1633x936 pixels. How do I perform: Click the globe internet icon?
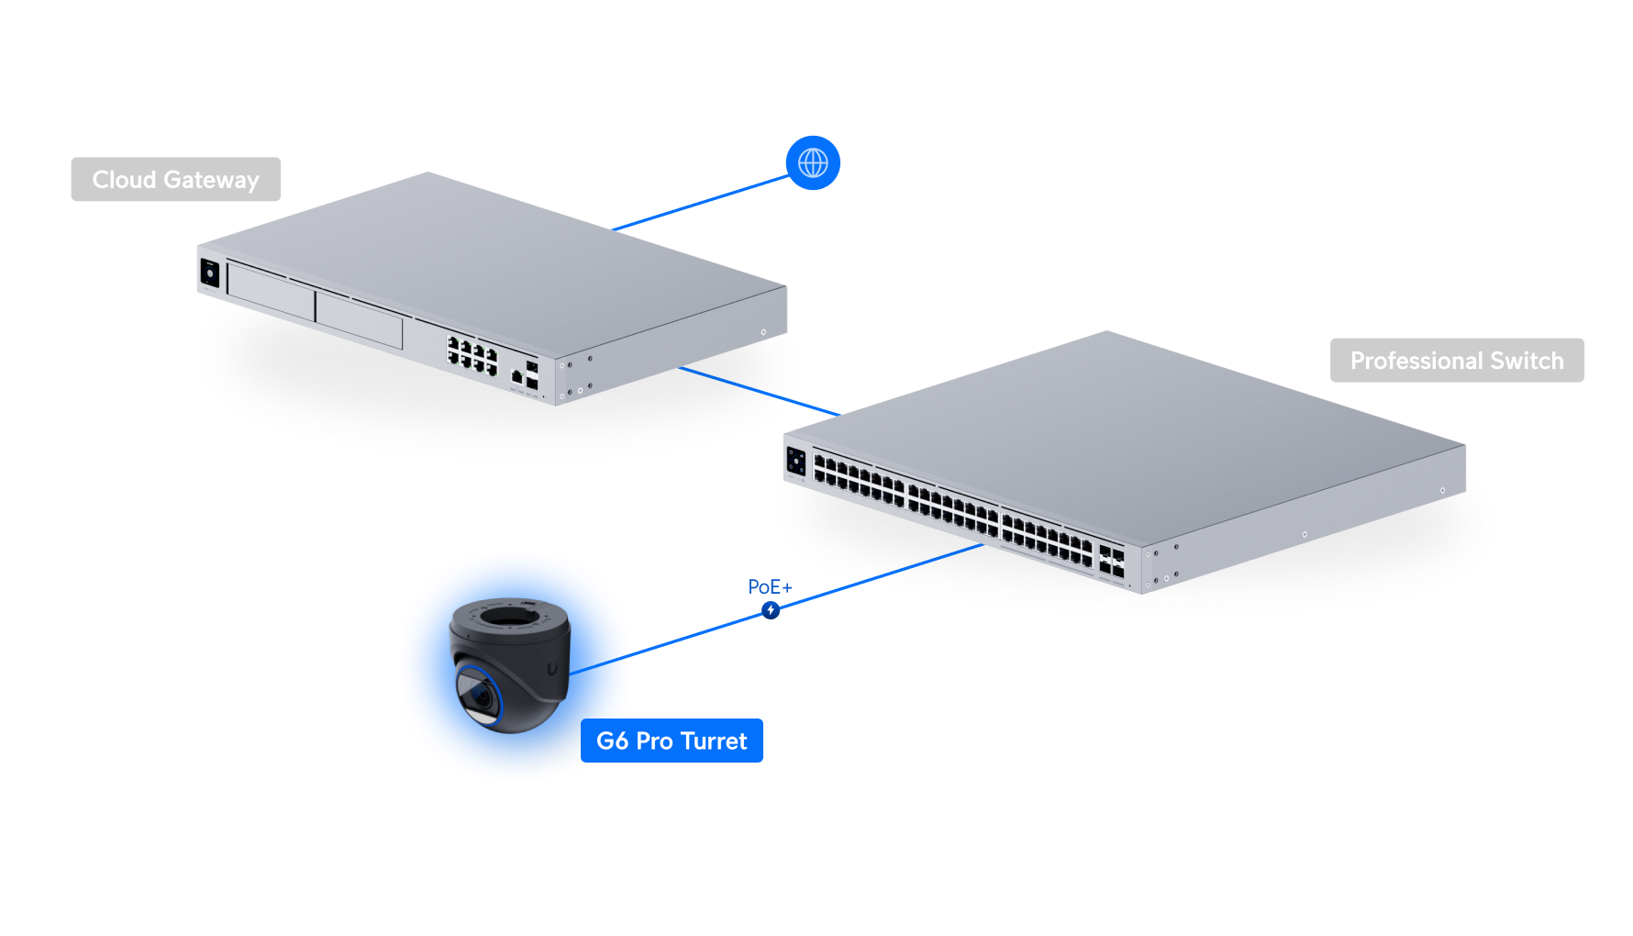coord(813,163)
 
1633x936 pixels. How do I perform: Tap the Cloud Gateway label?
coord(176,180)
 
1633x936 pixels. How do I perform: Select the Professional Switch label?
coord(1456,361)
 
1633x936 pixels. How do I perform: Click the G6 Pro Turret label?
coord(672,741)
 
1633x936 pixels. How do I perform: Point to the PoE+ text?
coord(770,587)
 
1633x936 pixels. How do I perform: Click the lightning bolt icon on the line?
coord(771,610)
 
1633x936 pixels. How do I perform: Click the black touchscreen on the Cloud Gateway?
coord(209,273)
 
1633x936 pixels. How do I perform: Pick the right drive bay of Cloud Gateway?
coord(359,318)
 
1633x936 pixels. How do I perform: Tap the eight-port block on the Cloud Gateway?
coord(472,355)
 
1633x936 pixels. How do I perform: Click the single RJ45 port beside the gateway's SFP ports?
coord(517,376)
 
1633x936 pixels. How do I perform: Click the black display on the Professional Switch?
coord(796,461)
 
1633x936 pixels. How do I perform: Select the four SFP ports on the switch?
coord(1111,563)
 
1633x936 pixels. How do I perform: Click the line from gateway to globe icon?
coord(702,203)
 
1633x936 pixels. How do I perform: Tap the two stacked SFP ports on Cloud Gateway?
coord(532,375)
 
